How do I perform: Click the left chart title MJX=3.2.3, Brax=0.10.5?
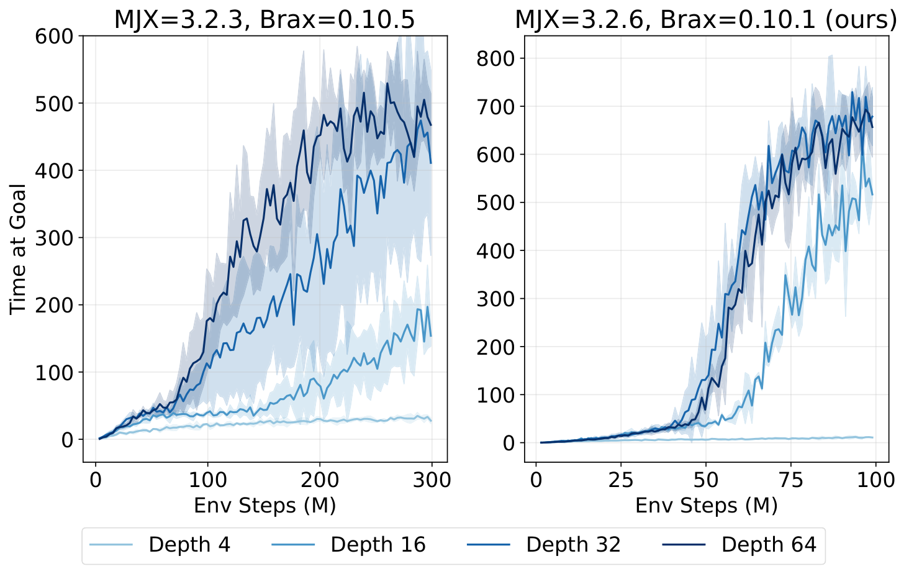click(x=265, y=20)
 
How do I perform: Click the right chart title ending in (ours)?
click(x=706, y=20)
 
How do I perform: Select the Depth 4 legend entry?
click(x=189, y=545)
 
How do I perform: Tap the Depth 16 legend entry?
click(x=378, y=545)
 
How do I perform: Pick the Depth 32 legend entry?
click(x=572, y=545)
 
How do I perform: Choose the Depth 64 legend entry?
click(x=768, y=545)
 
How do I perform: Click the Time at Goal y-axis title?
click(x=18, y=248)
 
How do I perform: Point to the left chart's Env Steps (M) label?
click(x=265, y=505)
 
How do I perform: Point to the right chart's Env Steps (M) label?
click(x=706, y=505)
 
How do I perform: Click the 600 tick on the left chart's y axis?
click(x=55, y=36)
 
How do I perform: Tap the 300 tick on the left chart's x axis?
click(x=432, y=480)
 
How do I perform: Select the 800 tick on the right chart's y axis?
click(x=495, y=58)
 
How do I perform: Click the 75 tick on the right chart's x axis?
click(x=790, y=480)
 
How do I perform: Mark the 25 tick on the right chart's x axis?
click(x=620, y=480)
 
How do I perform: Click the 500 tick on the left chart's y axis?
click(x=55, y=103)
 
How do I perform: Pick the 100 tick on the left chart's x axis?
click(x=207, y=480)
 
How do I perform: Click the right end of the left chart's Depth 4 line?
click(x=432, y=421)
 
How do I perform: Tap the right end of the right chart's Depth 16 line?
click(x=872, y=194)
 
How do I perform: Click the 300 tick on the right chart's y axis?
click(x=495, y=299)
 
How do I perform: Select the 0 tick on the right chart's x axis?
click(x=536, y=480)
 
